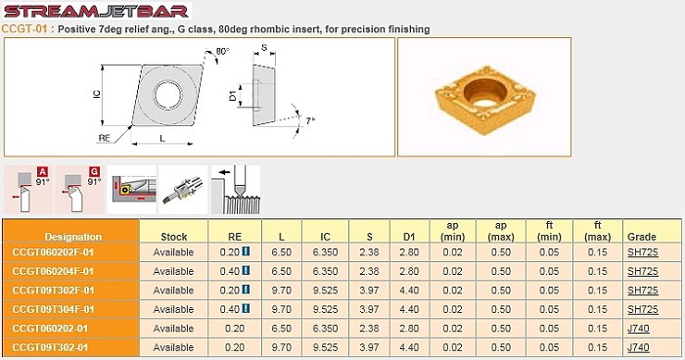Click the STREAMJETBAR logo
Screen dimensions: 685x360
96,11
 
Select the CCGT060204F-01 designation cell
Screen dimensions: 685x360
70,271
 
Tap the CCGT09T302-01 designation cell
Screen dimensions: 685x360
70,347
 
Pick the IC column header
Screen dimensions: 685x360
325,237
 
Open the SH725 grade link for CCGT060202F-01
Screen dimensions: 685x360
643,252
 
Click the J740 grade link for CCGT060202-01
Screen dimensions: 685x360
638,328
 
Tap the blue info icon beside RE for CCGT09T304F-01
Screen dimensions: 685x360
246,308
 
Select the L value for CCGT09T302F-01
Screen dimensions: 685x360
282,291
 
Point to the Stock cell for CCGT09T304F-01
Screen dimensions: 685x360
173,309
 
